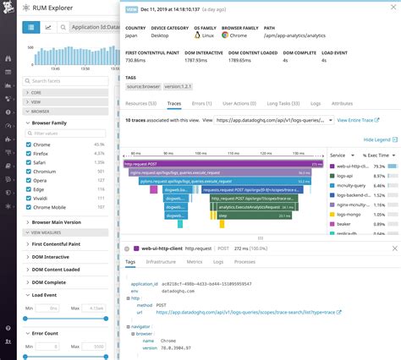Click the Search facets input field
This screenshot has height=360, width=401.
point(63,80)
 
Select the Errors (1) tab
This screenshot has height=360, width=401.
point(202,102)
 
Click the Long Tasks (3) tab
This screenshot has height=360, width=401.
point(285,102)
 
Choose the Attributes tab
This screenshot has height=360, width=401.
point(342,102)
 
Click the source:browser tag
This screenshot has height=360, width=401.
point(143,85)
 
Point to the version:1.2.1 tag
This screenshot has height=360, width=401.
point(179,85)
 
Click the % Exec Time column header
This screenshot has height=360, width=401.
point(376,155)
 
